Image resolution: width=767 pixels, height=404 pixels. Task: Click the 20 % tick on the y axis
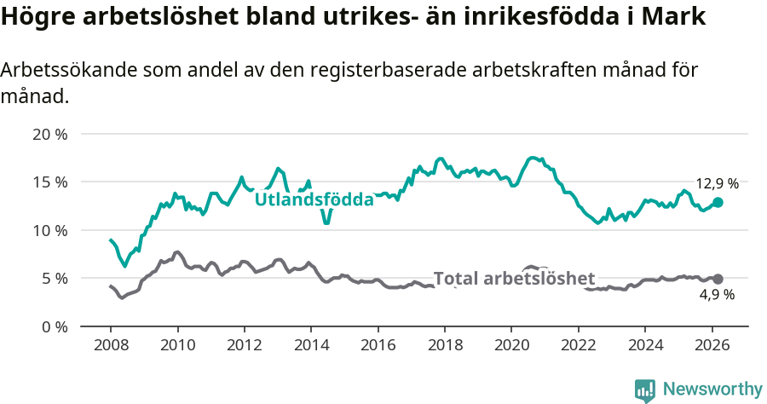[49, 134]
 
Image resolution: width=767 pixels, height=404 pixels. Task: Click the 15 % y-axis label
[49, 182]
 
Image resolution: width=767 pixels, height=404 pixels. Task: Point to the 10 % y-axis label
[49, 230]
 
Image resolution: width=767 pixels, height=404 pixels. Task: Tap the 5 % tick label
[54, 278]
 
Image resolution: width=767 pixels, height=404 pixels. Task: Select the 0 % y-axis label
[54, 326]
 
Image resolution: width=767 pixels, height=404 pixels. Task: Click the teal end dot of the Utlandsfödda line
[718, 202]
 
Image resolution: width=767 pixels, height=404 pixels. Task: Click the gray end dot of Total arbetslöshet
[718, 279]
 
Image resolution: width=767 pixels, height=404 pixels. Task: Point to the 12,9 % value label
[717, 183]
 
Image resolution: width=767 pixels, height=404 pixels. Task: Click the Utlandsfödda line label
[314, 200]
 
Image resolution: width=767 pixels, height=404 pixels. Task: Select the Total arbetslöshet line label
[514, 279]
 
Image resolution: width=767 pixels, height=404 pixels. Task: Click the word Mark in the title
[677, 17]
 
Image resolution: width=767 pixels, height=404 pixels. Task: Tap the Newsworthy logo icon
[645, 390]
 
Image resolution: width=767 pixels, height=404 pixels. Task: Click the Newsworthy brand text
[712, 390]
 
